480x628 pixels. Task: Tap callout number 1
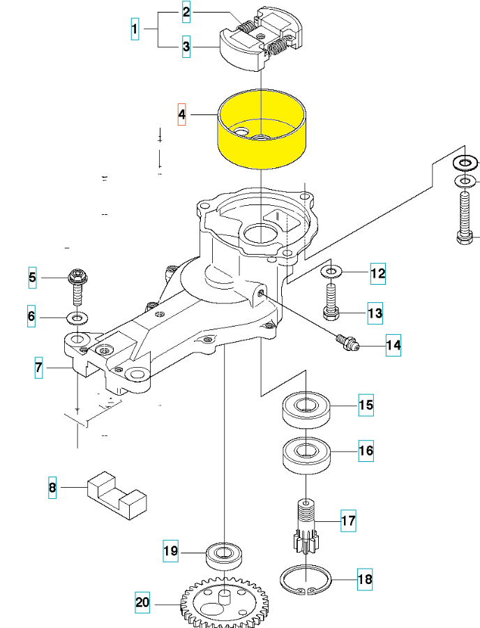pos(135,30)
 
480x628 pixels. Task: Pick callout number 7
pos(39,367)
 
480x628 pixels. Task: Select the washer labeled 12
pos(331,270)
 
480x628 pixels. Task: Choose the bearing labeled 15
pos(306,407)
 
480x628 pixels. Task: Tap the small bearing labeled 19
pos(224,555)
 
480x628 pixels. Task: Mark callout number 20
pos(142,601)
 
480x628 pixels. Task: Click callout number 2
pos(186,12)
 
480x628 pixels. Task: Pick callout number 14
pos(393,345)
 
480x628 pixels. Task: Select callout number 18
pos(365,579)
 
